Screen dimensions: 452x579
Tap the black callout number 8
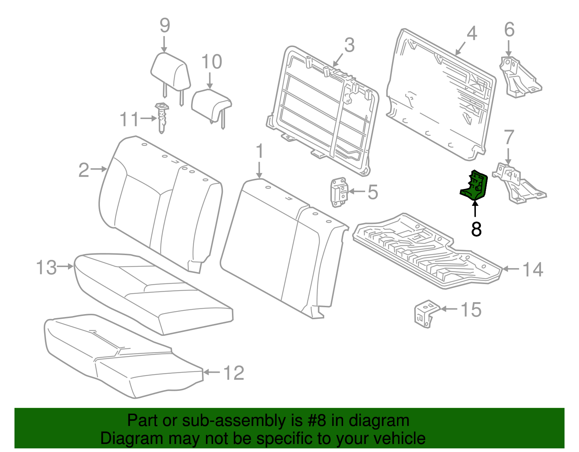click(476, 229)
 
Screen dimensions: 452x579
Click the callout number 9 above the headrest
click(165, 26)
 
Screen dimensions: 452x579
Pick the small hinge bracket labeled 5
click(339, 192)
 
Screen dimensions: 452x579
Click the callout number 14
click(533, 270)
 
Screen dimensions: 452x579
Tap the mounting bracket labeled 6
click(518, 77)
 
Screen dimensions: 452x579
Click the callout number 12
click(234, 373)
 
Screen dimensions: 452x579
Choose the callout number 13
click(46, 268)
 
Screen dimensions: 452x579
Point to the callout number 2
click(84, 170)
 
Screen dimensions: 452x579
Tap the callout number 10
click(211, 62)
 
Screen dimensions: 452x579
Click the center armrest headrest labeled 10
click(211, 103)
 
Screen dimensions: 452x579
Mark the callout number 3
click(349, 45)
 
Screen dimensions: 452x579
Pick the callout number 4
click(472, 33)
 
